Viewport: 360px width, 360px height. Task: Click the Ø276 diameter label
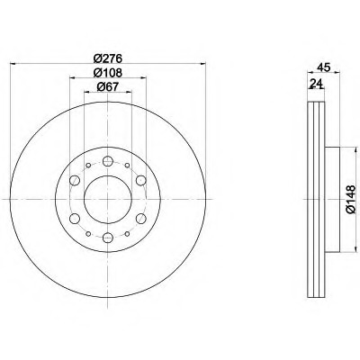pos(108,58)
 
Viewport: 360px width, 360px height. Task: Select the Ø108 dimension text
pos(108,73)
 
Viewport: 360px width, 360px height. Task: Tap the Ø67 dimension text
pos(108,86)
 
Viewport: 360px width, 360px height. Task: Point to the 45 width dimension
pos(324,67)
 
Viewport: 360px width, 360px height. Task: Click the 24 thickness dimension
pos(316,83)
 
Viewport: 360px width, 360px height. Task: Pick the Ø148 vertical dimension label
pos(350,199)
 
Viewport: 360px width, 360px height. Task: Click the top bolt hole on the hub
pos(107,161)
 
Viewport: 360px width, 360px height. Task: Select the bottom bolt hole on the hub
pos(107,238)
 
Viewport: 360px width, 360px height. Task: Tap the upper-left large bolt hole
pos(75,180)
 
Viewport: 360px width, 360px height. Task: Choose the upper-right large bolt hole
pos(140,180)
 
